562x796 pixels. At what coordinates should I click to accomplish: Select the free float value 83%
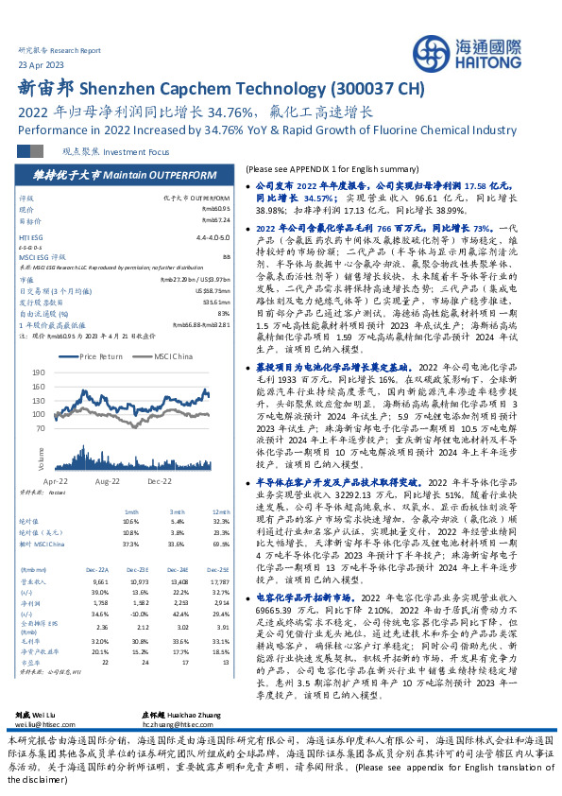(x=224, y=313)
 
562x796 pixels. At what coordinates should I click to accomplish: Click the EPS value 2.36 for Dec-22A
(x=101, y=626)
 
